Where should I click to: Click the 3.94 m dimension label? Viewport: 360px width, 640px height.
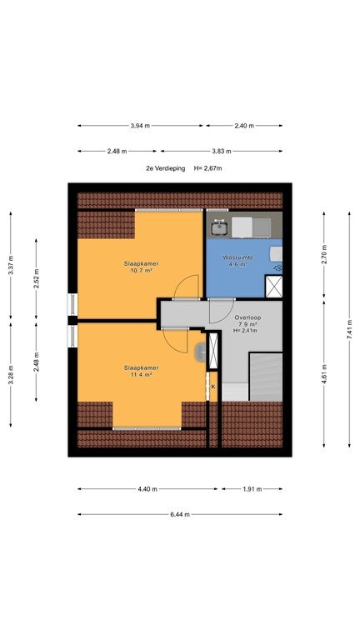point(140,126)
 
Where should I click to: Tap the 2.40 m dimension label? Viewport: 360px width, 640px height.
point(244,126)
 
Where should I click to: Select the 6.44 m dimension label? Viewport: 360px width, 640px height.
point(180,514)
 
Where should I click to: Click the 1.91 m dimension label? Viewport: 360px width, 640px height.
point(252,488)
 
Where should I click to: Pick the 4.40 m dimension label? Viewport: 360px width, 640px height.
point(147,488)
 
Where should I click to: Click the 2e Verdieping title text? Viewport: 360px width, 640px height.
point(165,168)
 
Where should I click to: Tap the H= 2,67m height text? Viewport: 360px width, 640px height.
point(208,168)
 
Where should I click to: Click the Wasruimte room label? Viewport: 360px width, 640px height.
point(237,257)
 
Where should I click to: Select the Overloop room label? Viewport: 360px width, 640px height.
point(247,317)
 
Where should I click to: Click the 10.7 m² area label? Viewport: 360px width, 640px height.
point(141,270)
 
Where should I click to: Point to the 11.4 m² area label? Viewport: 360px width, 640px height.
point(141,374)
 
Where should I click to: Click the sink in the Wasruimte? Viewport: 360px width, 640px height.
point(220,227)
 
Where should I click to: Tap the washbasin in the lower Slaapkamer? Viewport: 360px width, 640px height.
point(201,352)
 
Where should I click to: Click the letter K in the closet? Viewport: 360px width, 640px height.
point(213,386)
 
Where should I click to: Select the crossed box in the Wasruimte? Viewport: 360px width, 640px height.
point(273,286)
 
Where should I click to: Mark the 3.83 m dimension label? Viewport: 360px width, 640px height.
point(221,151)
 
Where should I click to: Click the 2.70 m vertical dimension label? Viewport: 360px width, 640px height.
point(323,254)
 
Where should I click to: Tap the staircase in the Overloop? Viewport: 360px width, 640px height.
point(265,377)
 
